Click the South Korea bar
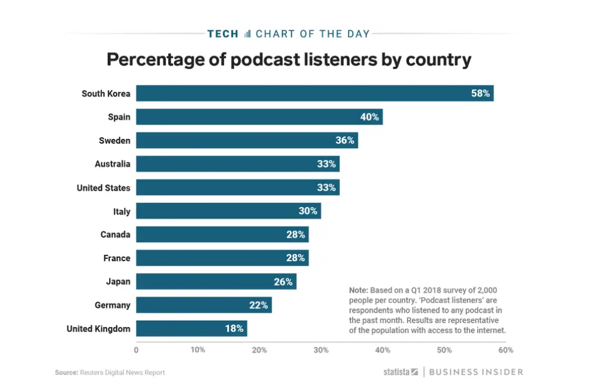[314, 94]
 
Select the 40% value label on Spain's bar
[369, 117]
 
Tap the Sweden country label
[115, 141]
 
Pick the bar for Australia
[237, 164]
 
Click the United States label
[103, 188]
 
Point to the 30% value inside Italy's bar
[308, 211]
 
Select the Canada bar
[222, 234]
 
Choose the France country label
[116, 258]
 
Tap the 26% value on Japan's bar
[283, 282]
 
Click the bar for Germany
[203, 305]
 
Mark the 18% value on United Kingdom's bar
[234, 329]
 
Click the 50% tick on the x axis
[444, 350]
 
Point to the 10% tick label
[198, 350]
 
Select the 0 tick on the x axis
[137, 350]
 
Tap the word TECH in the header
[222, 34]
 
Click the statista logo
[400, 372]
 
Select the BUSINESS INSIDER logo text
[476, 372]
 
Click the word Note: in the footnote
[359, 289]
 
